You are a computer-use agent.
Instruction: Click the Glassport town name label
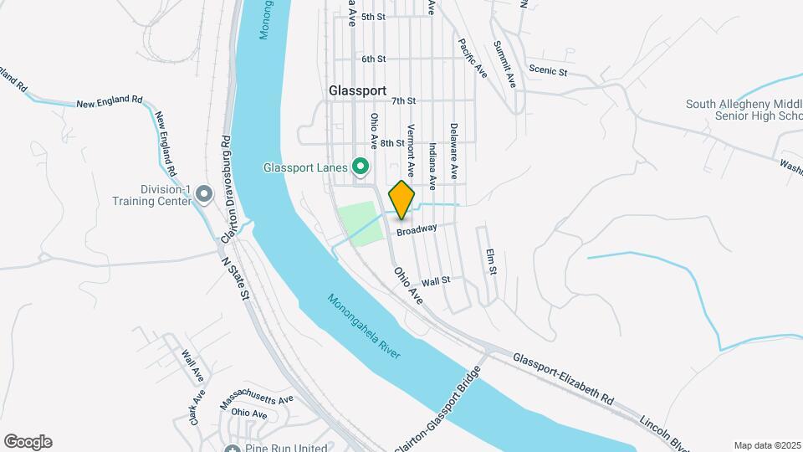[357, 90]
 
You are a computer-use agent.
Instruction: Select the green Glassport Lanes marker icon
[361, 167]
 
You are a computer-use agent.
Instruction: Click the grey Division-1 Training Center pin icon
[203, 196]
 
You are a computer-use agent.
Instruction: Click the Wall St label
[436, 280]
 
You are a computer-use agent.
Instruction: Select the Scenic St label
[547, 72]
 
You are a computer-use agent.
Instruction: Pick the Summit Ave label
[504, 64]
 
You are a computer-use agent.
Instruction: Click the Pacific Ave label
[473, 57]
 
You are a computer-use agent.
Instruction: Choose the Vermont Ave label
[411, 144]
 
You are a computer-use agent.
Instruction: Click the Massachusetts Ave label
[257, 403]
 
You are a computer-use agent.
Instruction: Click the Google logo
[28, 442]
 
